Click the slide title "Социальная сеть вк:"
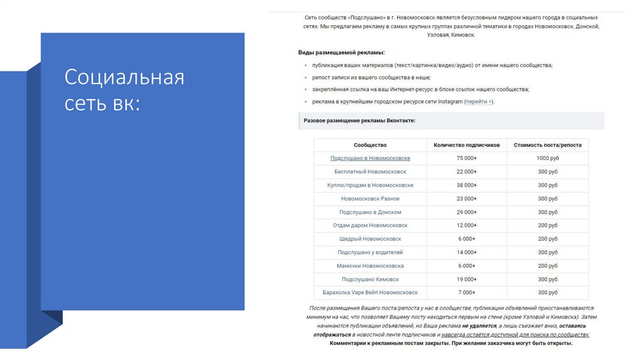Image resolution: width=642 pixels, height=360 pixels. pos(124,90)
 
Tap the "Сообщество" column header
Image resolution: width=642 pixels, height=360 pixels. pos(370,145)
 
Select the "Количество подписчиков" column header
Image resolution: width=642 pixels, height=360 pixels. pos(466,145)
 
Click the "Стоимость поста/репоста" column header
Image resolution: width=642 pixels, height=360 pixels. pos(547,145)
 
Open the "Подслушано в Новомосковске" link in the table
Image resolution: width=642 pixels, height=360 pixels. pos(370,158)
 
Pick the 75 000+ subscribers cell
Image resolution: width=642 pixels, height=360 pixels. pos(466,158)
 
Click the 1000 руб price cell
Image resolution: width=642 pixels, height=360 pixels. pos(547,158)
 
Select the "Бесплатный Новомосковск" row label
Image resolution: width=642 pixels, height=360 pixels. pos(370,172)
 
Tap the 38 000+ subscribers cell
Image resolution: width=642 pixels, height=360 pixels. pos(466,185)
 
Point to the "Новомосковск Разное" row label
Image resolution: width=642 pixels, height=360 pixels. pos(370,199)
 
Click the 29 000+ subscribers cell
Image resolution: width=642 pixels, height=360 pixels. pos(466,212)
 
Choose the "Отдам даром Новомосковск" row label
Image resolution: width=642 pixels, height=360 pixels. pos(370,225)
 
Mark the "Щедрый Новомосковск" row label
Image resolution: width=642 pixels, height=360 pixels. pos(370,239)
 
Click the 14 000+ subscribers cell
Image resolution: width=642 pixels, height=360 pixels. pos(466,252)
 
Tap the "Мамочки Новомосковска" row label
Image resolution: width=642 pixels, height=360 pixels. pos(370,266)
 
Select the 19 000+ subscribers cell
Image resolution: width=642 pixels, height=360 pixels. pos(466,279)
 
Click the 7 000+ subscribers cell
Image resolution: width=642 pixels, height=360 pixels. pos(466,293)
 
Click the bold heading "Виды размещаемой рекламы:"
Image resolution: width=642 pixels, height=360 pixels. pos(341,53)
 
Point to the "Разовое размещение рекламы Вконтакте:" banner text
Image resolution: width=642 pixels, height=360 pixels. pos(359,120)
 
